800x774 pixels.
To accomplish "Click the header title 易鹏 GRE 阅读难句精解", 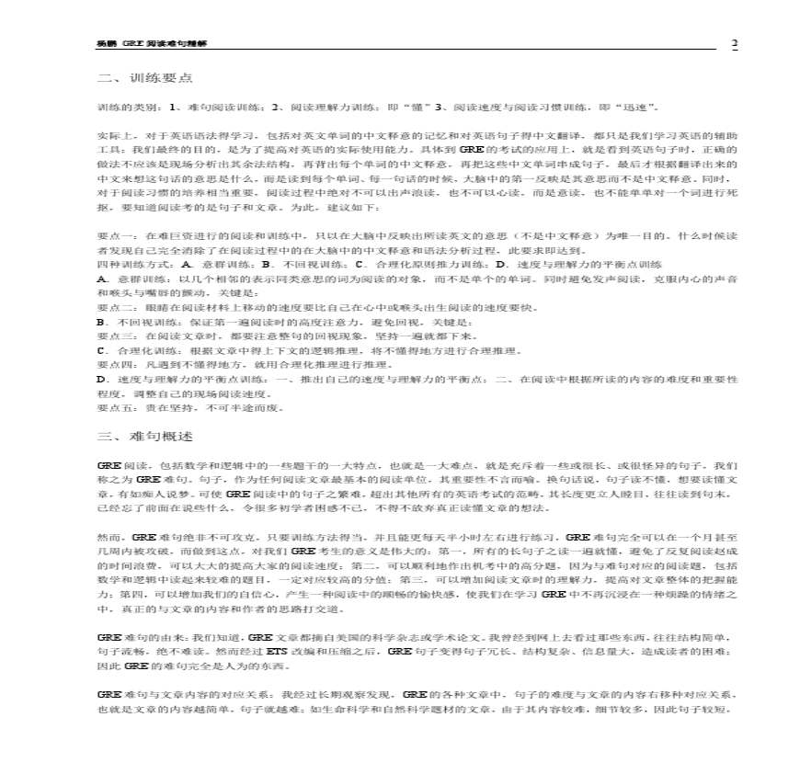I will point(157,45).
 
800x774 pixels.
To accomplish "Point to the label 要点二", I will point(112,308).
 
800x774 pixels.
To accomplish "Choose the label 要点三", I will point(112,336).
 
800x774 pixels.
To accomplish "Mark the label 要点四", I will point(112,365).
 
